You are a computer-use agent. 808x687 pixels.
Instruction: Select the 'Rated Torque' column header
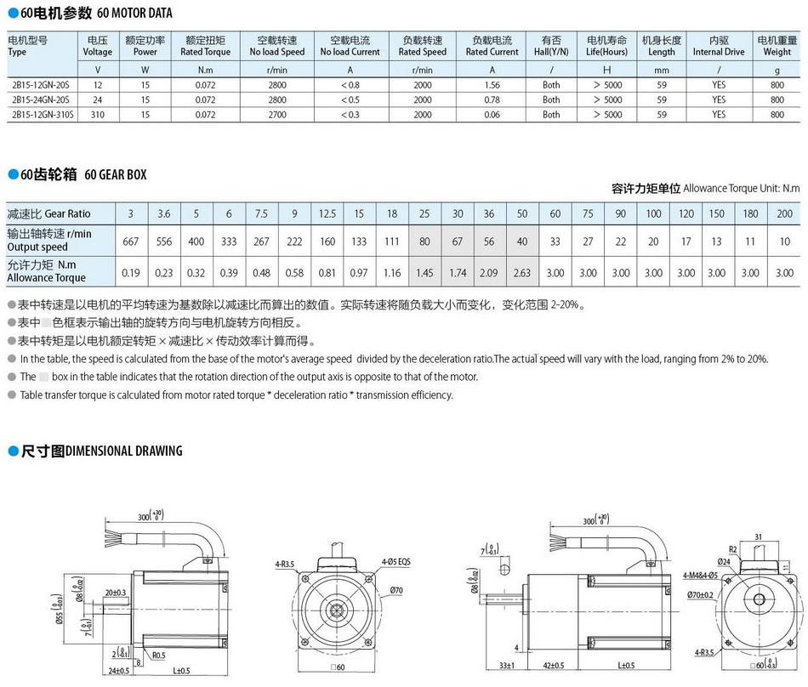[205, 46]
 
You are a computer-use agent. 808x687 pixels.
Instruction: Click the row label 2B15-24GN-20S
[41, 99]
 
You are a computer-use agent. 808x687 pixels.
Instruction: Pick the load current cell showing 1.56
[492, 85]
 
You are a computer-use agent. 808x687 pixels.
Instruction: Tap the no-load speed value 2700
[277, 114]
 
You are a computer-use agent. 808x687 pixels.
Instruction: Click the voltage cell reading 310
[98, 114]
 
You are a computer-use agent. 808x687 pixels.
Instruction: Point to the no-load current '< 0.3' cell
[350, 114]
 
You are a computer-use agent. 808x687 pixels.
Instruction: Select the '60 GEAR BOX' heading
[115, 175]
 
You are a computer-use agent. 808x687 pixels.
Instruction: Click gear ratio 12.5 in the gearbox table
[327, 213]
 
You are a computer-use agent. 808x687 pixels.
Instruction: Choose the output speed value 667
[130, 241]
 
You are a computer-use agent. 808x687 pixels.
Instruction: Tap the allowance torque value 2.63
[522, 273]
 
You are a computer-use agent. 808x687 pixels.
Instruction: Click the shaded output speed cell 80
[424, 241]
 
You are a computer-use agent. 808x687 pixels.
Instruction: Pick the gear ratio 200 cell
[785, 213]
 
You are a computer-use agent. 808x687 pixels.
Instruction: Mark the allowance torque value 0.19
[130, 273]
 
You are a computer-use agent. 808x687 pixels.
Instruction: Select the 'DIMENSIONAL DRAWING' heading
[123, 451]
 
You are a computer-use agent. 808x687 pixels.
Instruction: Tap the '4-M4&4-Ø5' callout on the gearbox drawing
[701, 576]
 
